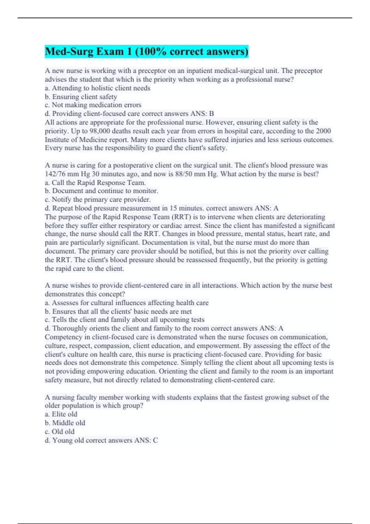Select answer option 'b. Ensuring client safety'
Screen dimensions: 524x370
click(x=81, y=97)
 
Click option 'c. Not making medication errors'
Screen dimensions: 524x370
click(x=93, y=105)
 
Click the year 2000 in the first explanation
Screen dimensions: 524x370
click(x=323, y=131)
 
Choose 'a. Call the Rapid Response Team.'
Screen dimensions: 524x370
click(x=95, y=182)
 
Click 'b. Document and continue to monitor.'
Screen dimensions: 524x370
click(x=101, y=191)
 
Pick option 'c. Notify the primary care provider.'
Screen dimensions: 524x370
click(x=98, y=199)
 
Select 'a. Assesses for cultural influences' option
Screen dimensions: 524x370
click(x=127, y=303)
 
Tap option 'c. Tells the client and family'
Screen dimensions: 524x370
click(x=125, y=320)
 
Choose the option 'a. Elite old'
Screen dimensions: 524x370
click(x=61, y=414)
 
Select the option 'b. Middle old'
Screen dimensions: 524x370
click(x=65, y=423)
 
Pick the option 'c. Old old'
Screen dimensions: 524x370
click(x=60, y=432)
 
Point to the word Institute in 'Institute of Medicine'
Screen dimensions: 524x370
click(x=57, y=140)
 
